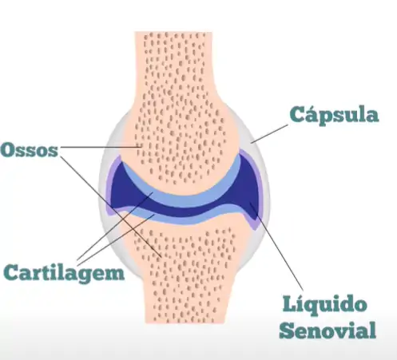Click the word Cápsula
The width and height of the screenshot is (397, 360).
[334, 115]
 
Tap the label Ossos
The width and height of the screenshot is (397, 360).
[30, 150]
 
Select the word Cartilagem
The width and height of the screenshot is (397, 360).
[64, 272]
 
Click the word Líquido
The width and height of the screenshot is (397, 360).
[324, 306]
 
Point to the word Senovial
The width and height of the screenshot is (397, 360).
[328, 330]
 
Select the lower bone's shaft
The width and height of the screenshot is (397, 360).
[186, 293]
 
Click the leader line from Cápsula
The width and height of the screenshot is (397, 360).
[269, 133]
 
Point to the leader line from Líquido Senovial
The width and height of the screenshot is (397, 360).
[276, 246]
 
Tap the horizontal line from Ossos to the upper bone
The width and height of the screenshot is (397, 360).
[101, 147]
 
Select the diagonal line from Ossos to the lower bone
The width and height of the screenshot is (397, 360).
[111, 207]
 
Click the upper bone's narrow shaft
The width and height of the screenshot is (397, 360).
[173, 66]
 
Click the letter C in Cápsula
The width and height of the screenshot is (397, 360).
[296, 114]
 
